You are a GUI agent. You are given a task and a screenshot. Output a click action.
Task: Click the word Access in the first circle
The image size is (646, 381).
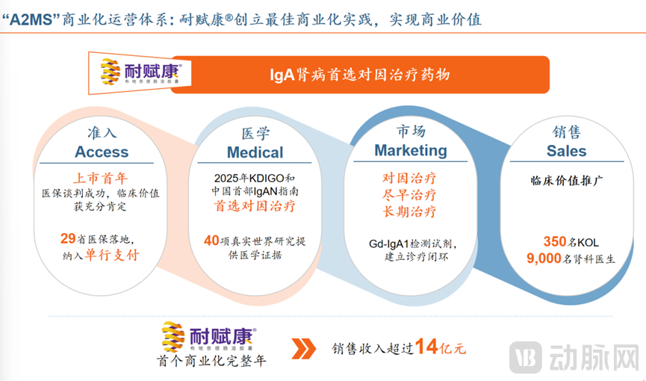pyautogui.click(x=102, y=152)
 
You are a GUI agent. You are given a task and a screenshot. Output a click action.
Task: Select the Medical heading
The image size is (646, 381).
pyautogui.click(x=255, y=152)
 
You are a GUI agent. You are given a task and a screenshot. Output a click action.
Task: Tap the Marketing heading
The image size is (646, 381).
pyautogui.click(x=411, y=150)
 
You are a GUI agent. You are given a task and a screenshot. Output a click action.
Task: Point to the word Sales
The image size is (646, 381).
pyautogui.click(x=566, y=151)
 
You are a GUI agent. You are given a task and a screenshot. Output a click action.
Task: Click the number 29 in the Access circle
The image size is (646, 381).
pyautogui.click(x=68, y=239)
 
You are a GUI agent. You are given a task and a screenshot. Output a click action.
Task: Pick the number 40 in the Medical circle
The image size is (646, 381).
pyautogui.click(x=212, y=240)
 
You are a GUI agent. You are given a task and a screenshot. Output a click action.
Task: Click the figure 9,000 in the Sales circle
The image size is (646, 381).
pyautogui.click(x=547, y=258)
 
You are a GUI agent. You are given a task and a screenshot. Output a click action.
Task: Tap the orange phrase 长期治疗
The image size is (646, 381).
pyautogui.click(x=409, y=211)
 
